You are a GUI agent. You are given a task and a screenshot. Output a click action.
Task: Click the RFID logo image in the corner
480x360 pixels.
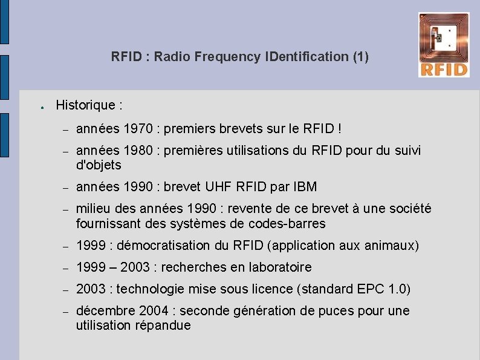(x=443, y=45)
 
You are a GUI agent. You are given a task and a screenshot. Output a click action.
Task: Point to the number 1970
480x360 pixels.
(x=138, y=129)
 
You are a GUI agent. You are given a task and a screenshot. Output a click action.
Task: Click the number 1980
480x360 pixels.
(x=138, y=151)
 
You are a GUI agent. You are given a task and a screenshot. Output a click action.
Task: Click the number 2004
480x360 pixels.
(x=154, y=311)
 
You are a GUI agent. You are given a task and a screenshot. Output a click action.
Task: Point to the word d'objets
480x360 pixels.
(x=99, y=165)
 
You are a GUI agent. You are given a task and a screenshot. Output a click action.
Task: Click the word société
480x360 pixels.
(x=410, y=209)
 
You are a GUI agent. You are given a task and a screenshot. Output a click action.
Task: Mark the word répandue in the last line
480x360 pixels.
(x=163, y=326)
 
